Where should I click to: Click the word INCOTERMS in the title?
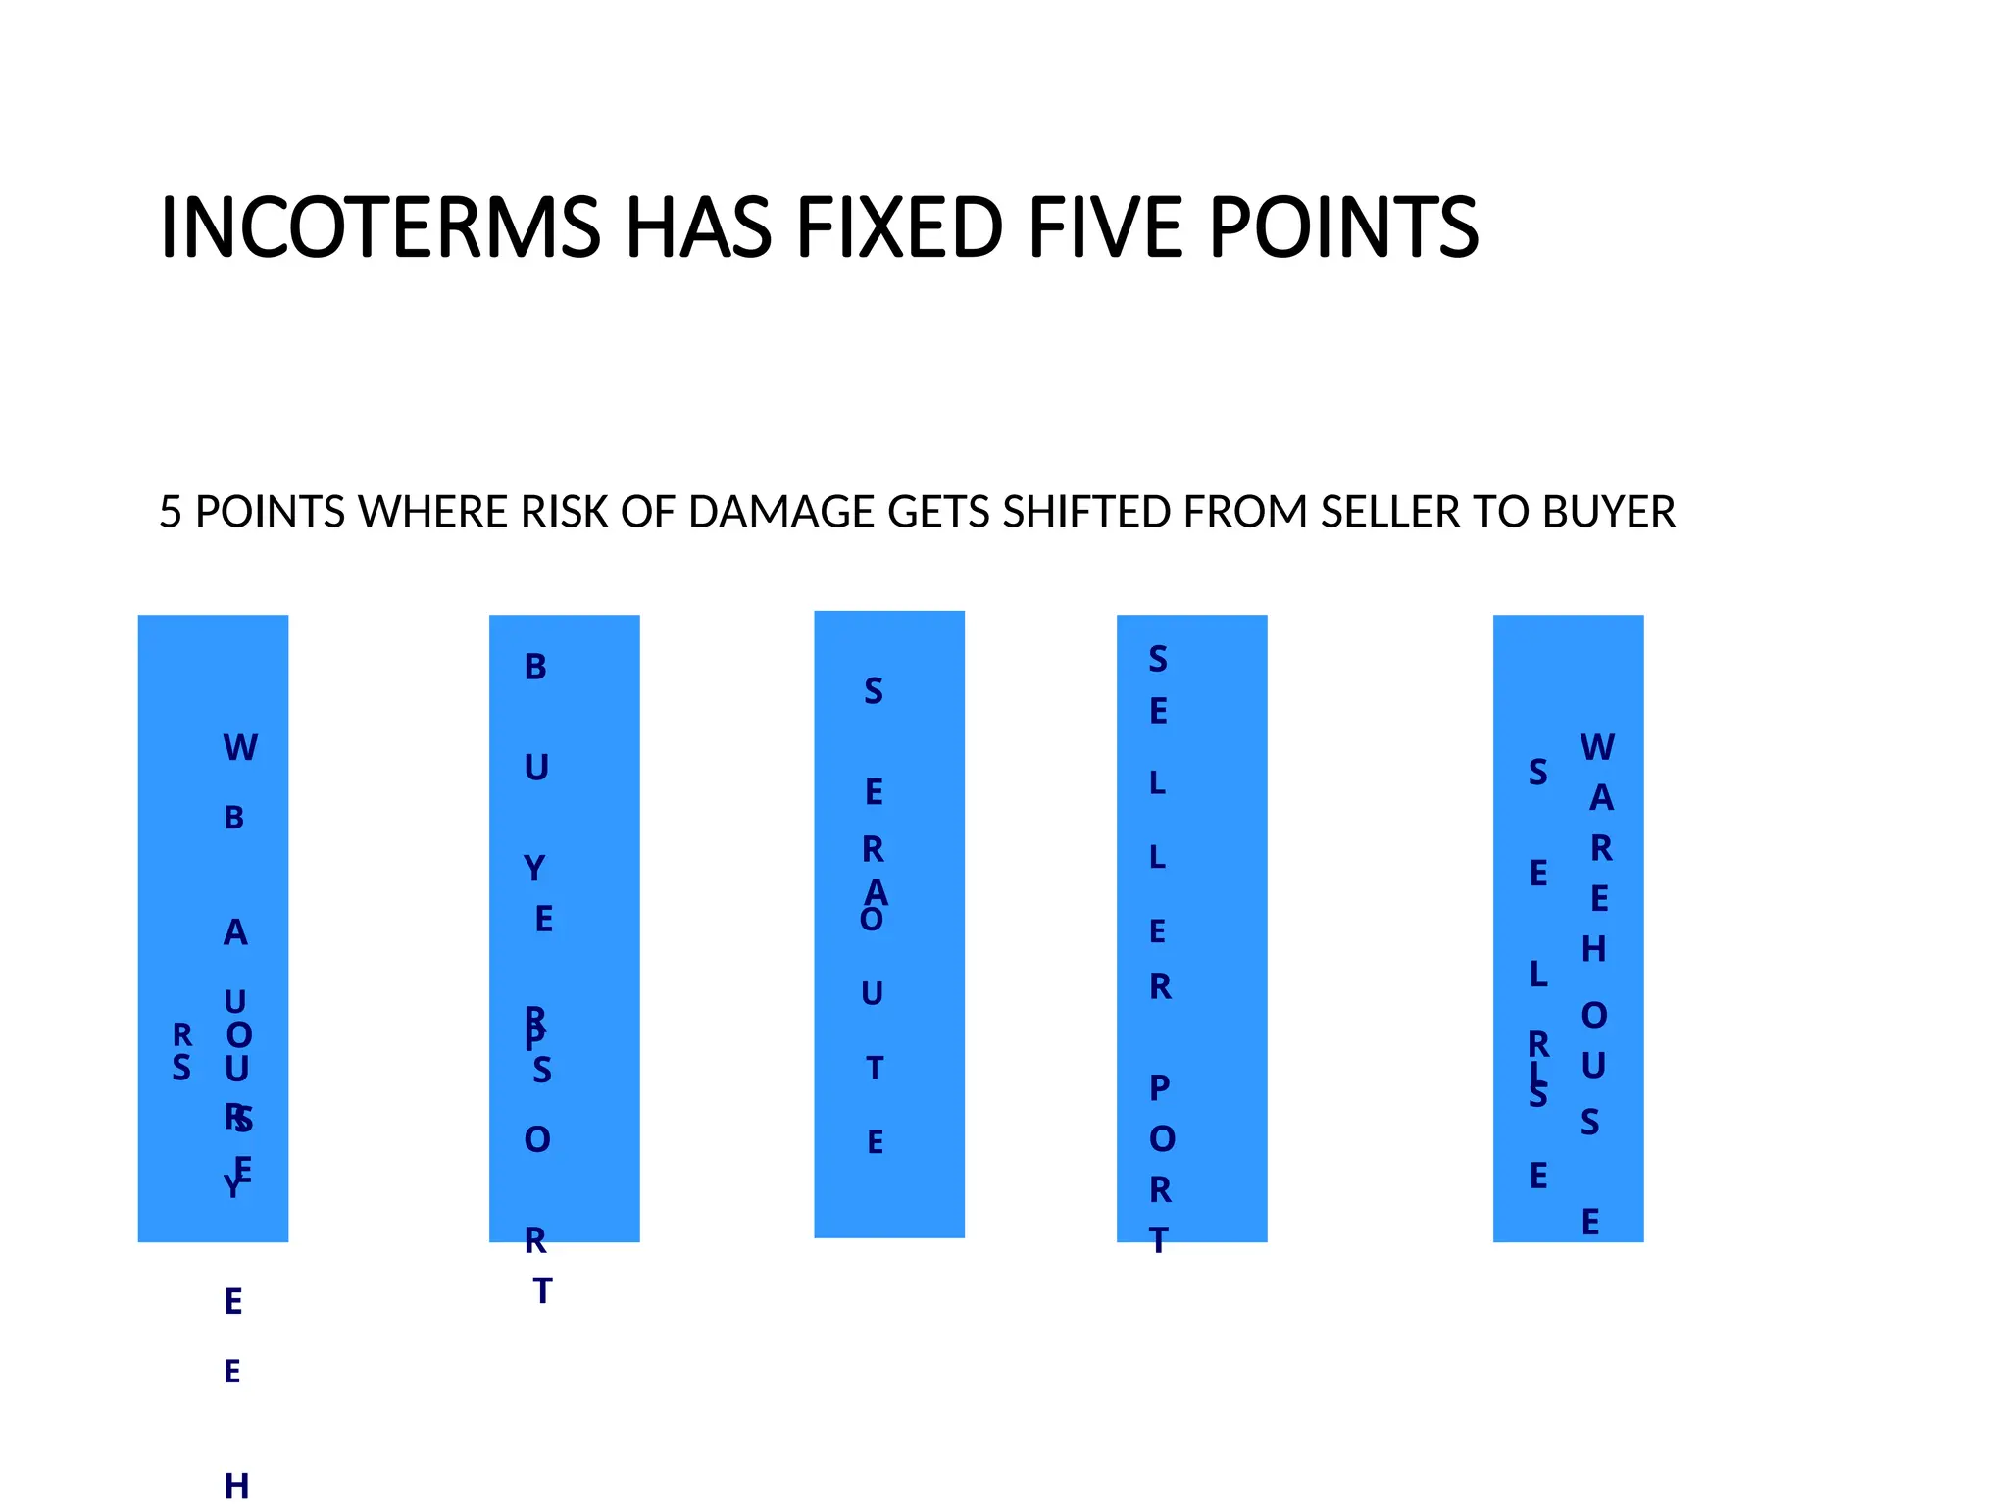[380, 227]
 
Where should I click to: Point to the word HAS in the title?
[698, 227]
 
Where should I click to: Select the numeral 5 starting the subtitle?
[171, 512]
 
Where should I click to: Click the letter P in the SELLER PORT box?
[1160, 1087]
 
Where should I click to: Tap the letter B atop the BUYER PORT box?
[535, 668]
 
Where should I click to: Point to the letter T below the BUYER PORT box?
[542, 1291]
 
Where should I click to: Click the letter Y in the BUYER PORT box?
[534, 869]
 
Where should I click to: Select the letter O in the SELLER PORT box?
[1162, 1139]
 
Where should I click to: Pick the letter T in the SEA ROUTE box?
[875, 1068]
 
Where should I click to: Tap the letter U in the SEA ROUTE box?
[873, 994]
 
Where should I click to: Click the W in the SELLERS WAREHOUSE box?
[1597, 748]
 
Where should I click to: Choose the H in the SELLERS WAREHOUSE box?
[1594, 949]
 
